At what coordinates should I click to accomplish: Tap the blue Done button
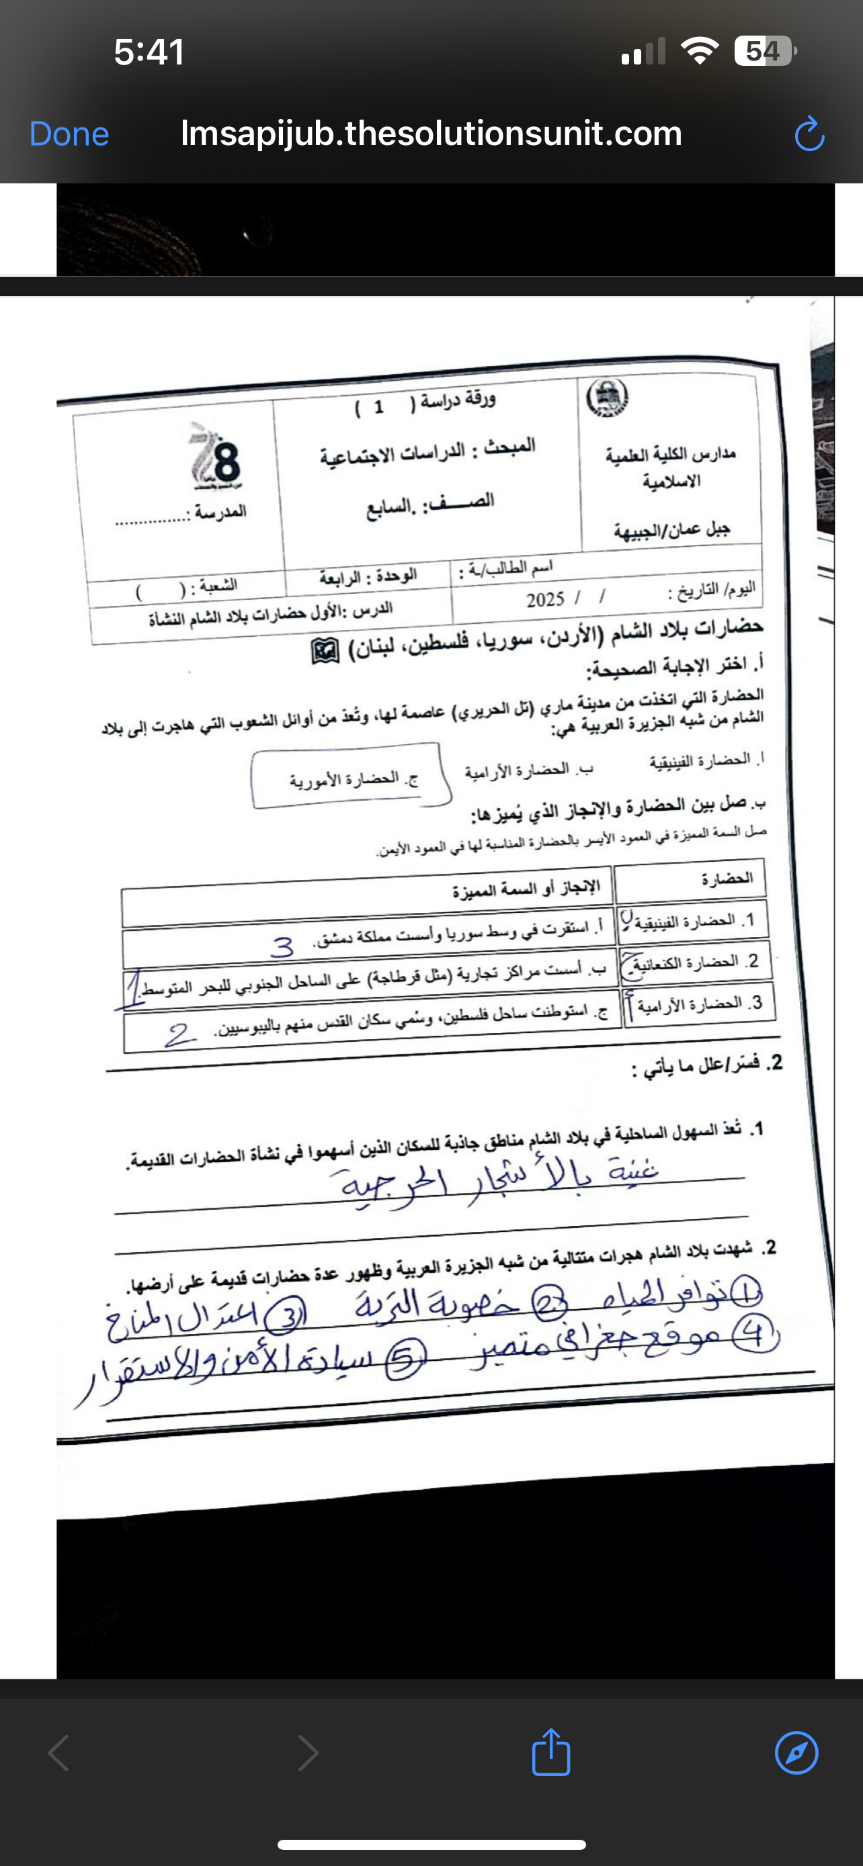[x=69, y=134]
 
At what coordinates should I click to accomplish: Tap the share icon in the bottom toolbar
[x=550, y=1752]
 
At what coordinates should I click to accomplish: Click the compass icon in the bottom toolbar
[x=796, y=1753]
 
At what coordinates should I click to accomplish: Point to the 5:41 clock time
[x=149, y=52]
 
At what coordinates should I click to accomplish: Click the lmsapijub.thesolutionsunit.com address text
[x=431, y=133]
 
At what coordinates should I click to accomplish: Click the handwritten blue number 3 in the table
[x=282, y=946]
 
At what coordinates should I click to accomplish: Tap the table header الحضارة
[x=726, y=879]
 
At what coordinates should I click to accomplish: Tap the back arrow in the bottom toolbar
[x=58, y=1753]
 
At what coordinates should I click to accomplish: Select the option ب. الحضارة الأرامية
[x=529, y=770]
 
